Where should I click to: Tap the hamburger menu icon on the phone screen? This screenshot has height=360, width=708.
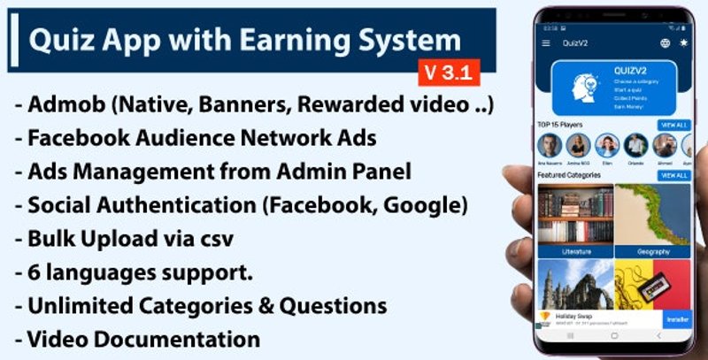coord(545,42)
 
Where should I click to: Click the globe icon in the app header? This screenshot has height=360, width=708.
coord(665,42)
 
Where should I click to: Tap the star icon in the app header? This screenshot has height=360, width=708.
coord(683,42)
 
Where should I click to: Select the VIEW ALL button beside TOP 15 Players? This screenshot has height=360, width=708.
coord(673,126)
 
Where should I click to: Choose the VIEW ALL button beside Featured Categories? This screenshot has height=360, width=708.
coord(673,176)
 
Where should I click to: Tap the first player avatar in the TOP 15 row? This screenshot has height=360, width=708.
coord(550,145)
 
